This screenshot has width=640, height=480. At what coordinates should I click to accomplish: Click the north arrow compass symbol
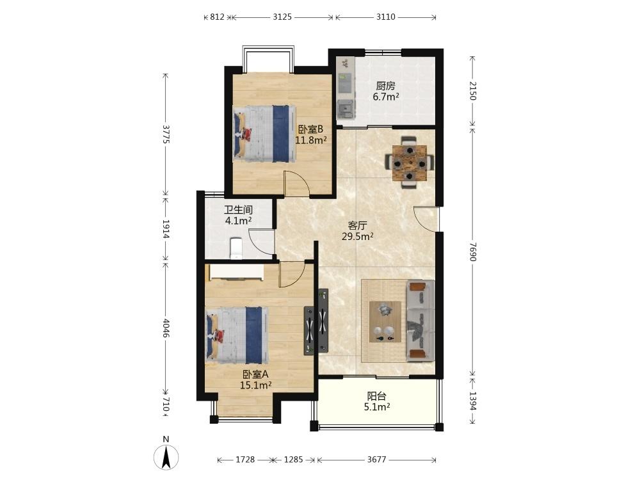pos(166,457)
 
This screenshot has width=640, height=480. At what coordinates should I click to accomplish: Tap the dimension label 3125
pos(282,17)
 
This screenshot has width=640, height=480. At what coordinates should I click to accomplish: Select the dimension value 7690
pos(472,252)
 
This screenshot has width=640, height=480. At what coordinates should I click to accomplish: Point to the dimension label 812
pos(217,17)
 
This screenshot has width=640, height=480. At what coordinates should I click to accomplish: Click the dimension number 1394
pos(472,401)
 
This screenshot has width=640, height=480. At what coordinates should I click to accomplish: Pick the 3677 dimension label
pos(376,460)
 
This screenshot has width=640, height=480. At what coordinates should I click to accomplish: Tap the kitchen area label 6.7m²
pos(386,97)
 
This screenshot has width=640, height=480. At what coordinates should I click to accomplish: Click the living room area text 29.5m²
pos(358,236)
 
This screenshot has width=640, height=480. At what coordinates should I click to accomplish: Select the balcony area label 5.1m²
pos(377,406)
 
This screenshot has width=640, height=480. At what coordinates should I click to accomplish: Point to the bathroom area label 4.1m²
pos(238,221)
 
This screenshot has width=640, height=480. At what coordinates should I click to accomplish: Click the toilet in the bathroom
pos(236,248)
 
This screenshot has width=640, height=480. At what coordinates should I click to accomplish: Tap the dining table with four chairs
pos(410,163)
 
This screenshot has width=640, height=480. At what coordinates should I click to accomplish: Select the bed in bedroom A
pos(237,335)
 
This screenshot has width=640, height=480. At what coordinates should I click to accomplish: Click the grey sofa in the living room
pos(420,321)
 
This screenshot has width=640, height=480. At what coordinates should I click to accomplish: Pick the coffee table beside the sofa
pos(385,322)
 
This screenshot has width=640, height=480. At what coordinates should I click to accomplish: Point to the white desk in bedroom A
pos(236,272)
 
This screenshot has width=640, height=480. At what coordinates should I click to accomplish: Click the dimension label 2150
pos(472,91)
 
